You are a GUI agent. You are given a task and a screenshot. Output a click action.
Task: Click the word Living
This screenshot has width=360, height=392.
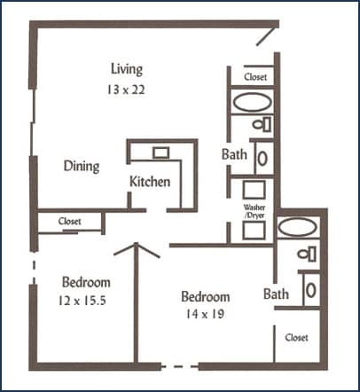pos(127,69)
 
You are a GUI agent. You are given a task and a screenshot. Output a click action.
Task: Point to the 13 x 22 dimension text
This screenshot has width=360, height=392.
pos(126,90)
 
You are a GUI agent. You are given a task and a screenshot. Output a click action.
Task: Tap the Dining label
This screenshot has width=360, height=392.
pos(81,166)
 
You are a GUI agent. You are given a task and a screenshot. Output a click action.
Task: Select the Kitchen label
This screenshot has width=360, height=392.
pos(150,182)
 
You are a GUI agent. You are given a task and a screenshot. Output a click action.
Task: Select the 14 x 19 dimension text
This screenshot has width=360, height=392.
pos(205,316)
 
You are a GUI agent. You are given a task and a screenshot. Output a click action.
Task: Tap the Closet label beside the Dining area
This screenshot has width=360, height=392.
pos(69,221)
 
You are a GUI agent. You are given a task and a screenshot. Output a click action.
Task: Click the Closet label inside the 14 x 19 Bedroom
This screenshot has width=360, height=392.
pos(296,337)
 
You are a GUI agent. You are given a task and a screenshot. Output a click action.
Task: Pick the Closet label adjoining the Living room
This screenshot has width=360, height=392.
pos(255,77)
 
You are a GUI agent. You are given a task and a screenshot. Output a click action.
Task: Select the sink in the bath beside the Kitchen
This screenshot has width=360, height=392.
pos(263,158)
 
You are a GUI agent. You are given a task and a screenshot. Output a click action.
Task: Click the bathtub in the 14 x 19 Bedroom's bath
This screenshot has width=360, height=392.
pos(296,228)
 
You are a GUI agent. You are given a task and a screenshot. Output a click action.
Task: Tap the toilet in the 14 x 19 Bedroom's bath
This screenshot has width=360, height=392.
pos(307,254)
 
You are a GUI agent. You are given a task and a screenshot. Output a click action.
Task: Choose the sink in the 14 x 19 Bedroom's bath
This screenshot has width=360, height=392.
pos(309,288)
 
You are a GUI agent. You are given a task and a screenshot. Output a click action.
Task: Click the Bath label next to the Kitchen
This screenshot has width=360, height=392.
pos(234,154)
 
